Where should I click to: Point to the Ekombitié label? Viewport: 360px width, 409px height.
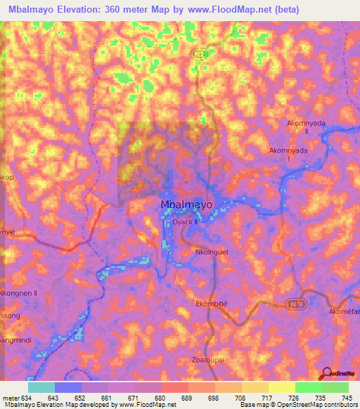click(x=212, y=304)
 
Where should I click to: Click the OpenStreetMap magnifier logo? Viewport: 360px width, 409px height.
click(x=328, y=372)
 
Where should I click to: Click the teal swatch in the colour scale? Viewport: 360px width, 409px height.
click(x=41, y=387)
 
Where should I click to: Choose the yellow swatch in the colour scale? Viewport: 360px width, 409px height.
click(x=282, y=387)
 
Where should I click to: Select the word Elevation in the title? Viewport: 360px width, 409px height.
click(x=89, y=10)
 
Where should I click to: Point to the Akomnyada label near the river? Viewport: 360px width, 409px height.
click(x=289, y=150)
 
